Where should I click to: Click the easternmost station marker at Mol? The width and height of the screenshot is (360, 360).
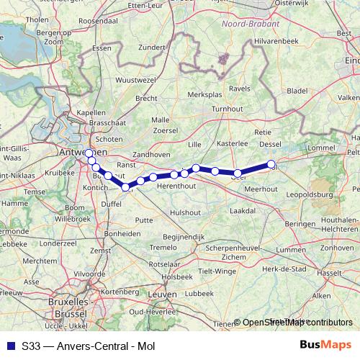271,165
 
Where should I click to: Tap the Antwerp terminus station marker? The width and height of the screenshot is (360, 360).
89,153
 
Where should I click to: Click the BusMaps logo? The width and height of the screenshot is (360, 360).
331,344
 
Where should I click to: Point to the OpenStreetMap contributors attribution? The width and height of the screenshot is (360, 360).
297,323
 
